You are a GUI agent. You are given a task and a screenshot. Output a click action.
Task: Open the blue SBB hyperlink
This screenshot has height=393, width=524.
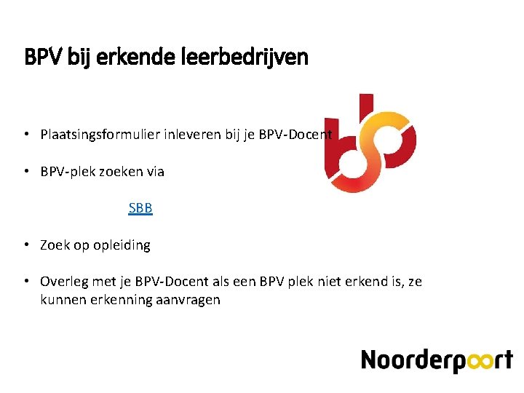point(140,208)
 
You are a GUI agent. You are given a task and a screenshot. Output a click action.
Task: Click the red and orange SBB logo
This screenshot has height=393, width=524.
point(370,143)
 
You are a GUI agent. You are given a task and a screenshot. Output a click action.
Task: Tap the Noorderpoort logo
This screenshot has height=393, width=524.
point(437,360)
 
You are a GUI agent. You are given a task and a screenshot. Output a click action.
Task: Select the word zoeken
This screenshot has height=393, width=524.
point(124,172)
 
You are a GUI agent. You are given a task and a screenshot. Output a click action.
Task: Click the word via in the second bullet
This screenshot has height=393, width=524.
point(155,172)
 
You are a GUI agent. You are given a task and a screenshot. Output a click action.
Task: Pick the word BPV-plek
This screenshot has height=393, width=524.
point(69,172)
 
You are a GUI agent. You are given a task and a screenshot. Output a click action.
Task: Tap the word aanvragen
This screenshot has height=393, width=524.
point(188,300)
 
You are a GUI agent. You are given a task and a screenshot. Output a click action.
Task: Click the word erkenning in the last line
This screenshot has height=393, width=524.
point(122,300)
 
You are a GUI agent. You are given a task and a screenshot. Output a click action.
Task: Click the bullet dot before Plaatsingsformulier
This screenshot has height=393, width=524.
point(25,135)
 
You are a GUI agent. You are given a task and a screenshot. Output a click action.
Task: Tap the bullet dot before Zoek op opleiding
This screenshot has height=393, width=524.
point(25,245)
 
